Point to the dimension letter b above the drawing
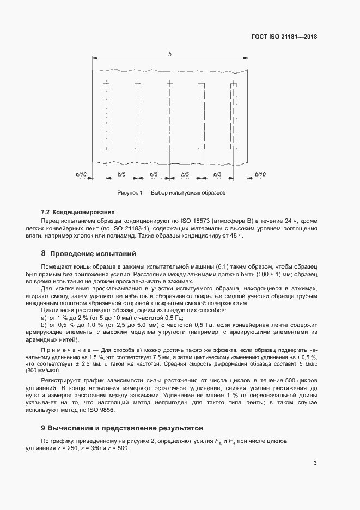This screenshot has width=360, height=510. [170, 54]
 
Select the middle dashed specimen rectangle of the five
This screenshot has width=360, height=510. [170, 116]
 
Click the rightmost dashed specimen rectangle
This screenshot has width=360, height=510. [234, 116]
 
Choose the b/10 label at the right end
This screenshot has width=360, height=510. [260, 174]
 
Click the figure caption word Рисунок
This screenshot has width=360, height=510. [129, 193]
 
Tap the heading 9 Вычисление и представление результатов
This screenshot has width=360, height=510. [119, 429]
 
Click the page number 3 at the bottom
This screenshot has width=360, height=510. [315, 464]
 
